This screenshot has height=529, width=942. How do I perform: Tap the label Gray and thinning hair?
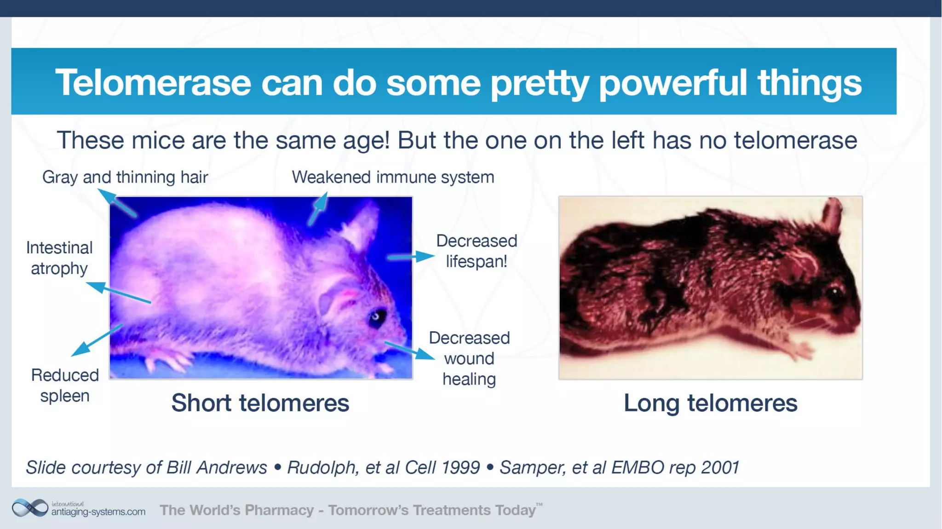[x=125, y=177]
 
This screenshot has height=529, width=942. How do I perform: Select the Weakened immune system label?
[x=393, y=177]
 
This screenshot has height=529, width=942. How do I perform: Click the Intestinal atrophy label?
[x=59, y=258]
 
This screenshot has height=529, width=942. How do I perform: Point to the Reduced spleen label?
[x=65, y=385]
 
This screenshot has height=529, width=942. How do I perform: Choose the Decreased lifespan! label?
[x=477, y=251]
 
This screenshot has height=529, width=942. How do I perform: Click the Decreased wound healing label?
[x=469, y=358]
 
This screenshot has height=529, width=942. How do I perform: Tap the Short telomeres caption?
[x=260, y=403]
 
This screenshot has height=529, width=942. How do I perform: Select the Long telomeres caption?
[x=710, y=403]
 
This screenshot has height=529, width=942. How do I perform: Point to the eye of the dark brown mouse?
[x=834, y=292]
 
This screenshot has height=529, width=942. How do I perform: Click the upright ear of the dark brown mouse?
[x=833, y=214]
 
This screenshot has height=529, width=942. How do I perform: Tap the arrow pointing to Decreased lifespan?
[x=411, y=256]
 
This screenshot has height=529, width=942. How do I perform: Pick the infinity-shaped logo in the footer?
[x=30, y=508]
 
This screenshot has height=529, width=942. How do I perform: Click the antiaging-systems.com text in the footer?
[x=98, y=512]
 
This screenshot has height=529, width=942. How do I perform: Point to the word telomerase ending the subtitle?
[x=795, y=140]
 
